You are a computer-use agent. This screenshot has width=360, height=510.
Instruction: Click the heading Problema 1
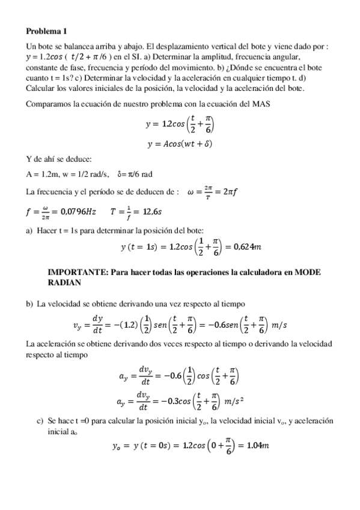tap(47, 31)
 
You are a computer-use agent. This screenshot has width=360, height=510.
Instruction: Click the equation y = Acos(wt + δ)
tap(179, 144)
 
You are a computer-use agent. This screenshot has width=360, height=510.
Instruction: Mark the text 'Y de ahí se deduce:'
tap(59, 159)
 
